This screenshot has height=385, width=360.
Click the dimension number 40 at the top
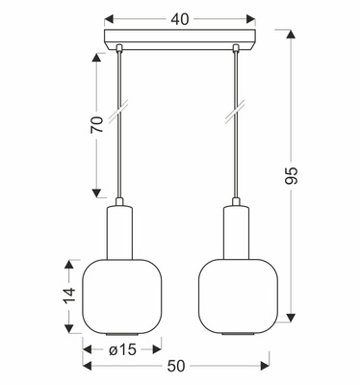(180, 16)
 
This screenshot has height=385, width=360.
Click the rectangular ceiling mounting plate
(179, 42)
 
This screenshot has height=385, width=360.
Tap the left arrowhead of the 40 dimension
(106, 17)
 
